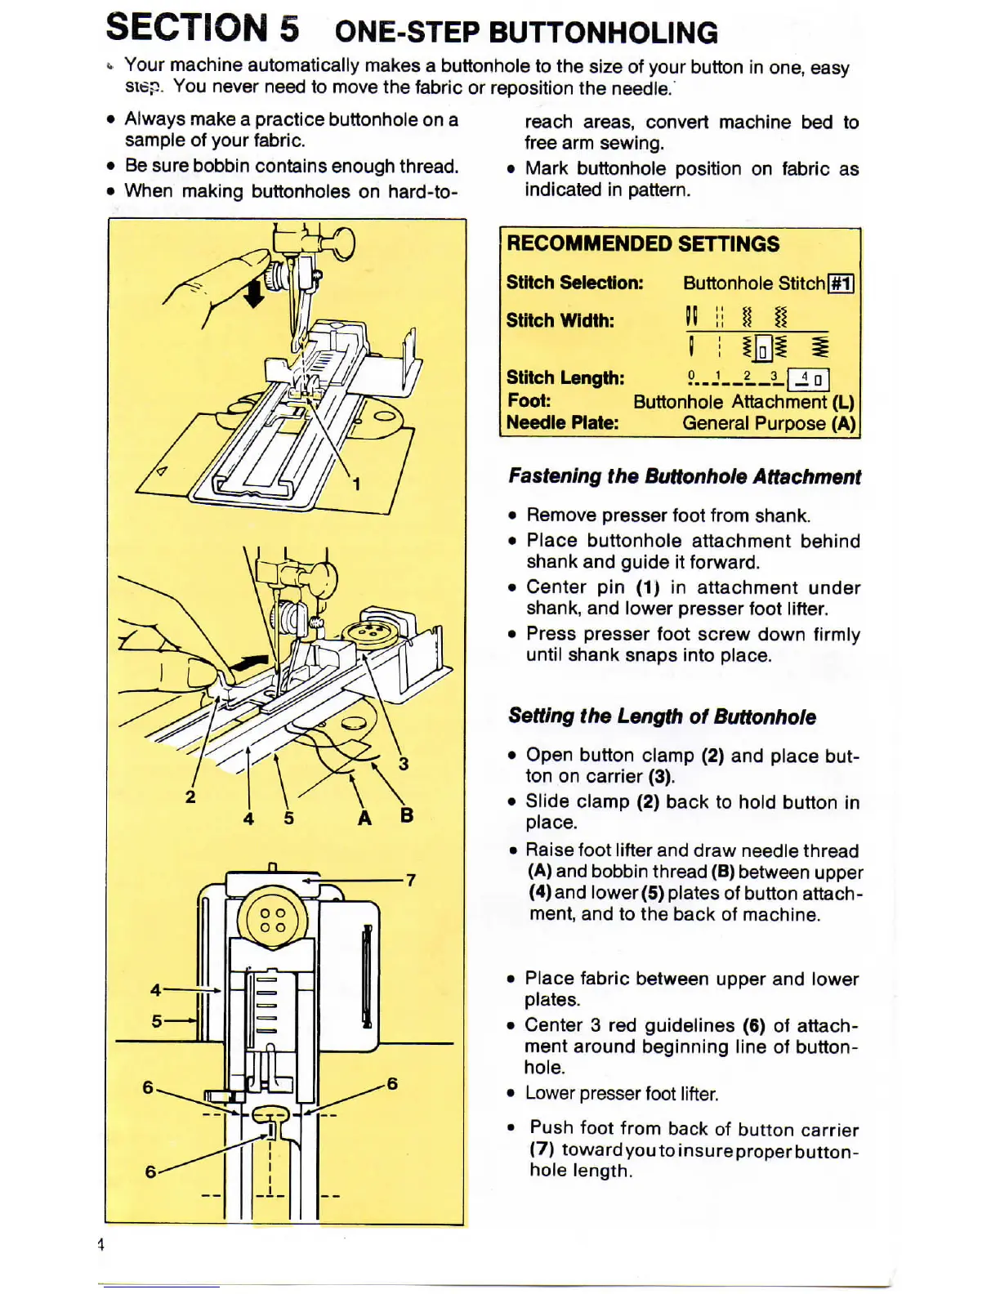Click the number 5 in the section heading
pyautogui.click(x=289, y=29)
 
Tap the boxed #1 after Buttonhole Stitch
pyautogui.click(x=842, y=283)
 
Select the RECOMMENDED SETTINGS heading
pyautogui.click(x=643, y=243)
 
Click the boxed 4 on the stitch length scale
pyautogui.click(x=809, y=378)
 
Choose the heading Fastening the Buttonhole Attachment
pyautogui.click(x=685, y=476)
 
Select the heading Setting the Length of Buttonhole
pyautogui.click(x=662, y=716)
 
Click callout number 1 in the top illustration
pyautogui.click(x=356, y=484)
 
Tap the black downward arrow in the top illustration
pyautogui.click(x=254, y=293)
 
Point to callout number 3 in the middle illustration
pyautogui.click(x=404, y=764)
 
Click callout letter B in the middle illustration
pyautogui.click(x=407, y=815)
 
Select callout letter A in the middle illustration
pyautogui.click(x=365, y=817)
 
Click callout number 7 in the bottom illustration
pyautogui.click(x=411, y=880)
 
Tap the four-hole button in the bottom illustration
pyautogui.click(x=273, y=920)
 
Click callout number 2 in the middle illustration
pyautogui.click(x=190, y=796)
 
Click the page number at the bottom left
pyautogui.click(x=101, y=1244)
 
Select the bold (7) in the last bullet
pyautogui.click(x=542, y=1149)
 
